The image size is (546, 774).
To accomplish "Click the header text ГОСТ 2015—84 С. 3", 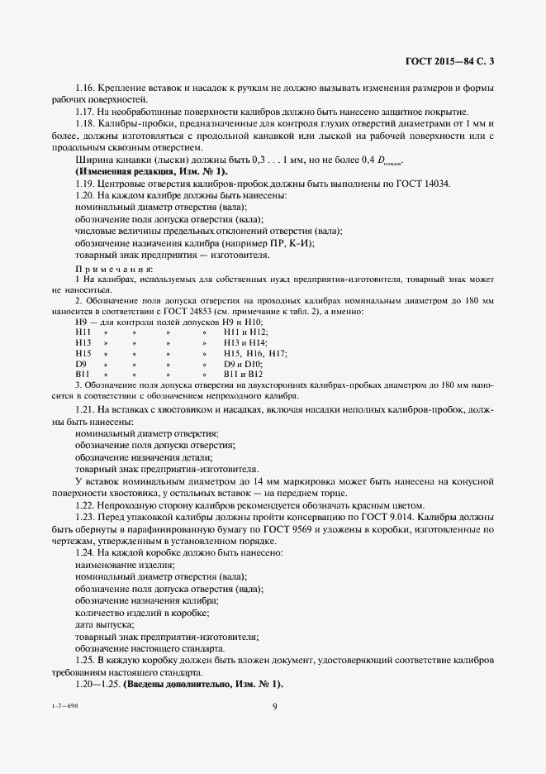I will [x=454, y=60].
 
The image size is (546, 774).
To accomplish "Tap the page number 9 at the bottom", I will [x=273, y=705].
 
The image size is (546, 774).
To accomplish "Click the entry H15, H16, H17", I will [x=254, y=353].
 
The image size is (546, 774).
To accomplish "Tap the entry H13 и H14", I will [x=245, y=342].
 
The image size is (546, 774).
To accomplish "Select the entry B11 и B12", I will [x=243, y=375].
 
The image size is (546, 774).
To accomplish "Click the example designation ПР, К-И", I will [x=289, y=243].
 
